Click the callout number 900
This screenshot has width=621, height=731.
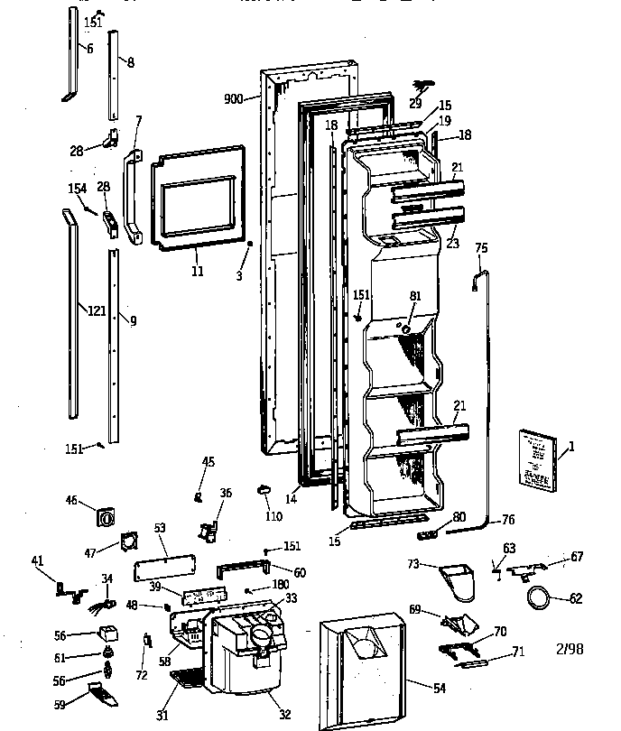(x=233, y=99)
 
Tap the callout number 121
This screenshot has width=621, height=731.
(x=97, y=311)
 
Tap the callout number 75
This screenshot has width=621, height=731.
(x=481, y=248)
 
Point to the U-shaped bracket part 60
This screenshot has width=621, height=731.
(x=243, y=569)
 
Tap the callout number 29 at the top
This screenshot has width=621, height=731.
(x=415, y=103)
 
